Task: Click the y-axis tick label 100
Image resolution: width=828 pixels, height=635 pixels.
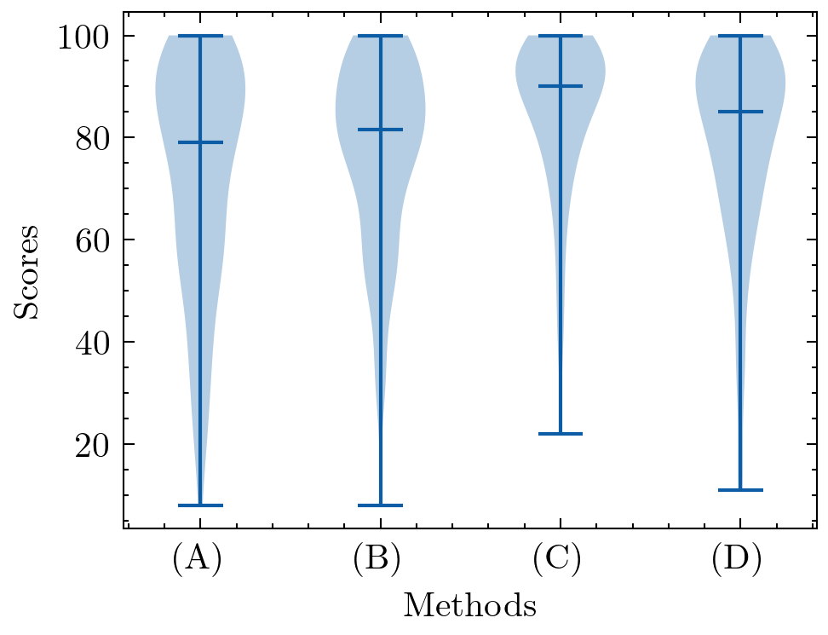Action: pyautogui.click(x=84, y=37)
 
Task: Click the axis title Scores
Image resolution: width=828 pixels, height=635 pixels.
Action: pyautogui.click(x=27, y=271)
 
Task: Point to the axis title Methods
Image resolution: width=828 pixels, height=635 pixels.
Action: pyautogui.click(x=469, y=605)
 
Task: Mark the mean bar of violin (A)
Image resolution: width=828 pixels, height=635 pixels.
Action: pyautogui.click(x=200, y=142)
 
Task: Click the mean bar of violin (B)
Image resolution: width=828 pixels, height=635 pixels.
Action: pyautogui.click(x=380, y=130)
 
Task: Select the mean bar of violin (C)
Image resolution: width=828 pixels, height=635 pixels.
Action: pyautogui.click(x=561, y=86)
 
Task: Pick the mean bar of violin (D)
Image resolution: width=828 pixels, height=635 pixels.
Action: pyautogui.click(x=740, y=112)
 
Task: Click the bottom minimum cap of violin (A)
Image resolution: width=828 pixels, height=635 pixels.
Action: pyautogui.click(x=200, y=505)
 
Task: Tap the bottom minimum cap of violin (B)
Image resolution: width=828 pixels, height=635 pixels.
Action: pyautogui.click(x=380, y=505)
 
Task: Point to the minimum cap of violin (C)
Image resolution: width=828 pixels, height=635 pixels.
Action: pyautogui.click(x=561, y=434)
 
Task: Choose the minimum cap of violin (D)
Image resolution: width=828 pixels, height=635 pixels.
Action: pyautogui.click(x=740, y=490)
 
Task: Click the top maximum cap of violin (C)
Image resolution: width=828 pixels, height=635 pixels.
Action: pyautogui.click(x=561, y=36)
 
